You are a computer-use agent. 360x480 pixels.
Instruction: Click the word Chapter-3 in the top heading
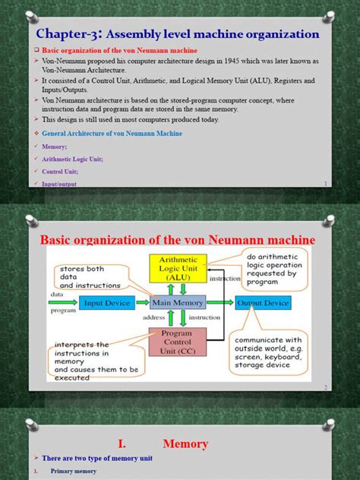pos(67,34)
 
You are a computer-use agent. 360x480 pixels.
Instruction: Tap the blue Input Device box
pos(109,303)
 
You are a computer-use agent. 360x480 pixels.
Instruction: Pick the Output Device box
pos(262,303)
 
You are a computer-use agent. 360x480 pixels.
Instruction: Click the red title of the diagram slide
pos(177,240)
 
